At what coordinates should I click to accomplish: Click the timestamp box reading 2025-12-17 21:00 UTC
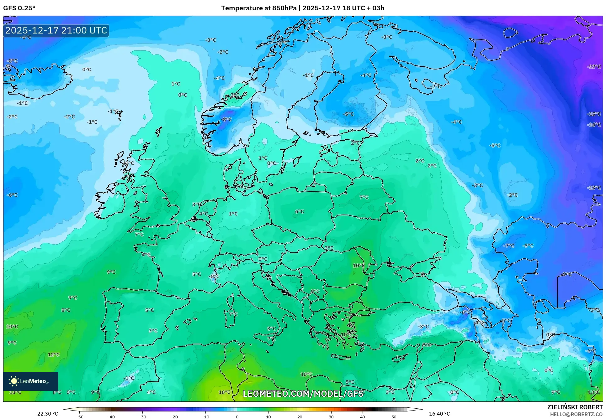coord(56,30)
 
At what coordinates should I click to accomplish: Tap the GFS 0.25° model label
coord(19,8)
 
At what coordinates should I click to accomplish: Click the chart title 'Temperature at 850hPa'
coord(258,8)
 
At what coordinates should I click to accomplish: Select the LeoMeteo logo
coord(30,381)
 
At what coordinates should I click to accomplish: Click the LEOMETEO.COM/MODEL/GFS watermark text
coord(303,394)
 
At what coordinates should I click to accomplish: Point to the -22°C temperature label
coord(594,67)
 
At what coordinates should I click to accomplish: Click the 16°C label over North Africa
coord(225,392)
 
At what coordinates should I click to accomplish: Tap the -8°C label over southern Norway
coord(226,119)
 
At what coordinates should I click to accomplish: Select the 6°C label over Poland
coord(300,211)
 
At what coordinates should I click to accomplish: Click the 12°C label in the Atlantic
coord(54,354)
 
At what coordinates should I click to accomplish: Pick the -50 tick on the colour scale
coord(80,417)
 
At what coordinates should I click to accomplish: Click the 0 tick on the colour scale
coord(237,417)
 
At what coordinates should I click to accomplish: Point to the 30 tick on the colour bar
coord(331,417)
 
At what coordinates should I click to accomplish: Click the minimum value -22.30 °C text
coord(46,414)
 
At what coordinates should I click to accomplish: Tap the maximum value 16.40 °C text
coord(439,414)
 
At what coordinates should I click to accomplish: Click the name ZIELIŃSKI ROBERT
coord(575,407)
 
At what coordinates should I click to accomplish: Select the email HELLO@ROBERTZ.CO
coord(576,414)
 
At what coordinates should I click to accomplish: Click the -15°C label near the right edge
coord(594,114)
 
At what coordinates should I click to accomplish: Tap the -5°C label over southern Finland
coord(348,114)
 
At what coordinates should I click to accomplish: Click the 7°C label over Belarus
coord(364,197)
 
